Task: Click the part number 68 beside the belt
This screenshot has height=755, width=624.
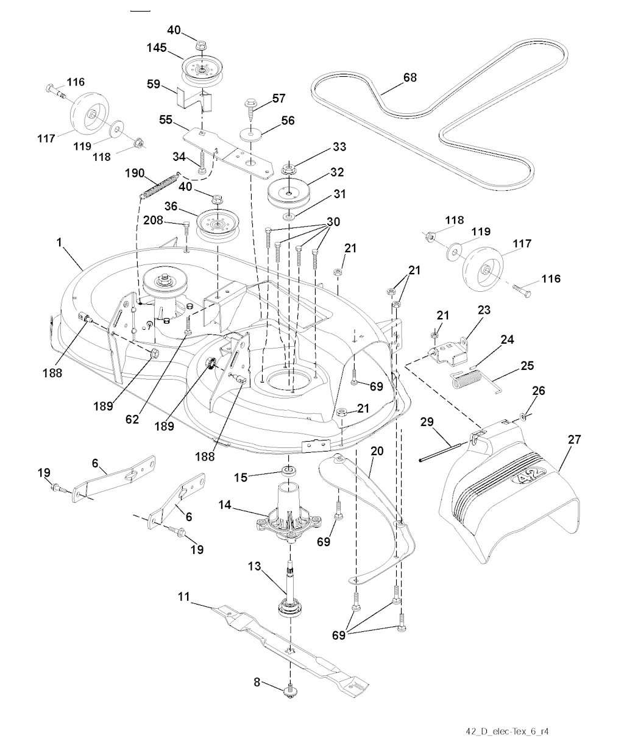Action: [x=410, y=78]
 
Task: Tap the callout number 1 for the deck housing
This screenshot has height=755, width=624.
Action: [x=59, y=243]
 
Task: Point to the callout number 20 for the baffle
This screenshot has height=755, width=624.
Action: [x=377, y=450]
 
